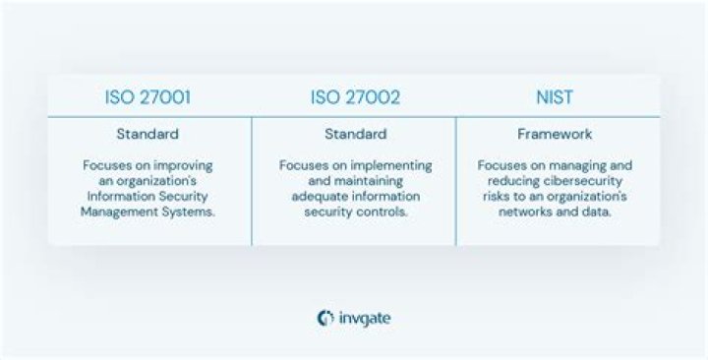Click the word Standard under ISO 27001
[148, 134]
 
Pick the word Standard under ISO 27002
[355, 134]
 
